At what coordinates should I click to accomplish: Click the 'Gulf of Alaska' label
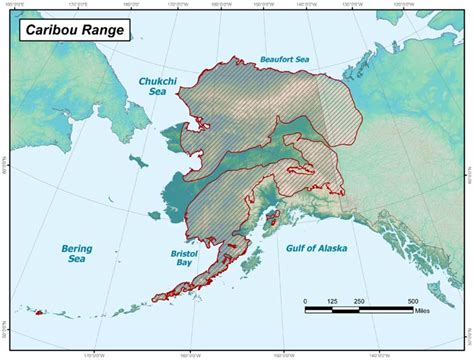(x=313, y=245)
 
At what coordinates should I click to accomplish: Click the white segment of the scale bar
(x=344, y=309)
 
